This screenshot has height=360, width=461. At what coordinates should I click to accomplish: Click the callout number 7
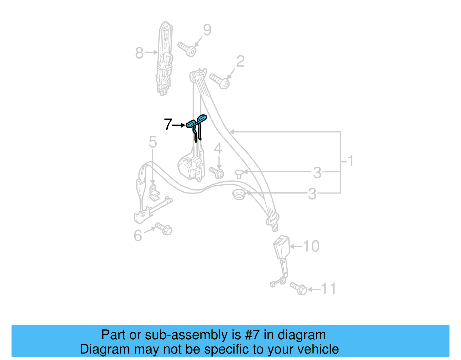(x=168, y=125)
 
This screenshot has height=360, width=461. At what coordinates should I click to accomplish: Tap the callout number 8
(x=139, y=53)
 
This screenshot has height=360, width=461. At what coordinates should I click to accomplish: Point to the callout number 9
(x=207, y=30)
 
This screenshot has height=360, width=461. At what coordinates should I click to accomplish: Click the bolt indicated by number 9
(x=187, y=49)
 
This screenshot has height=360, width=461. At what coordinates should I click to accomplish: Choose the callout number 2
(x=240, y=61)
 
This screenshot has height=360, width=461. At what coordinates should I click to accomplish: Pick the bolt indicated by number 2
(x=219, y=81)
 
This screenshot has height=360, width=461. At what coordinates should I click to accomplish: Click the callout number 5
(x=153, y=142)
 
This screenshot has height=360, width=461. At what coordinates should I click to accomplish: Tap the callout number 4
(x=218, y=148)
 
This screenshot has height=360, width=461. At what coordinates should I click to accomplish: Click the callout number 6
(x=138, y=235)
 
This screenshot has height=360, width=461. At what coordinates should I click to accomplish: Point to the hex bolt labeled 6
(x=164, y=229)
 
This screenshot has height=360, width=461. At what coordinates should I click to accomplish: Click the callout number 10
(x=311, y=246)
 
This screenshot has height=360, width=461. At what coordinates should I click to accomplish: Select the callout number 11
(x=329, y=289)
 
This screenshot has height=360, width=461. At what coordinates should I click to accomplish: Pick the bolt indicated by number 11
(x=298, y=288)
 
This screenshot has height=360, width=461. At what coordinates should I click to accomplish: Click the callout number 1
(x=351, y=161)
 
